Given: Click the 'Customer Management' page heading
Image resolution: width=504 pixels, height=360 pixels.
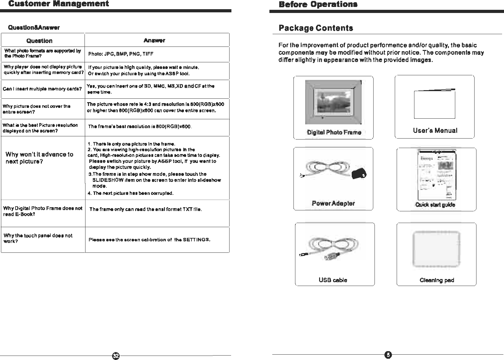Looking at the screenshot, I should (59, 4).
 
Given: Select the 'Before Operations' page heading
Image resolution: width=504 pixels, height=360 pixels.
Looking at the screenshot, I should (318, 4).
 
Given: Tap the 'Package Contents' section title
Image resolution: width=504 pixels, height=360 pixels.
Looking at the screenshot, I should (316, 28).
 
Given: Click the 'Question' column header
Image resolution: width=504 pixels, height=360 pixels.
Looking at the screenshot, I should (40, 41).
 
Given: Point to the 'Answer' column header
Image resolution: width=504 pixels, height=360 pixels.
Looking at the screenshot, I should (154, 40).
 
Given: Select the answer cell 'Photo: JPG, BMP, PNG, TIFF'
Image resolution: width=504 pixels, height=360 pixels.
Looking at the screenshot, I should (121, 54).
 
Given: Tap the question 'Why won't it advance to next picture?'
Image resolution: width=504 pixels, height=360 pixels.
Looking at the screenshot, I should (39, 158).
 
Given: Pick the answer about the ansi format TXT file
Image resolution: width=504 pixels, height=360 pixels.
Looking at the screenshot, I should (146, 209).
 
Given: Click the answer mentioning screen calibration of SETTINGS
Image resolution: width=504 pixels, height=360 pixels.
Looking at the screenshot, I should (149, 239).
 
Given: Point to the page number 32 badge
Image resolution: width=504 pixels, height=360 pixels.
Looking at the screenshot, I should (116, 356).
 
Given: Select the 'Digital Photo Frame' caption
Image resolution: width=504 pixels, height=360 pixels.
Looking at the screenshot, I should (334, 132).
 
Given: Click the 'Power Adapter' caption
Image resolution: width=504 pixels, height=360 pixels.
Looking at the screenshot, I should (333, 203).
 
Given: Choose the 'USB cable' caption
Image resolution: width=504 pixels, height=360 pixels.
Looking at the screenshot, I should (333, 280).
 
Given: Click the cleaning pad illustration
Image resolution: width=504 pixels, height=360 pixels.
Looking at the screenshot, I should (437, 249).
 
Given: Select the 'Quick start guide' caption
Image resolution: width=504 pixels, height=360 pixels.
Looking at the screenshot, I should (435, 205).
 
